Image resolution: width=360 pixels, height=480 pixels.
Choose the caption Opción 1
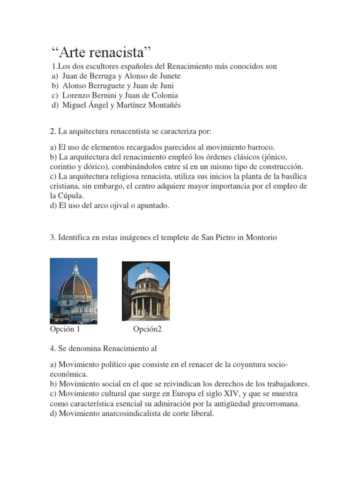[65, 330]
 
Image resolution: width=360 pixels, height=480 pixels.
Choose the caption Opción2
[147, 330]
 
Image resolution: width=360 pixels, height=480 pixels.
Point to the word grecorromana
[277, 404]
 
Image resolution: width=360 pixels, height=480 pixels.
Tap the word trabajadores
[286, 384]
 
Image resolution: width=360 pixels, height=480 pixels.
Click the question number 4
[52, 349]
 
